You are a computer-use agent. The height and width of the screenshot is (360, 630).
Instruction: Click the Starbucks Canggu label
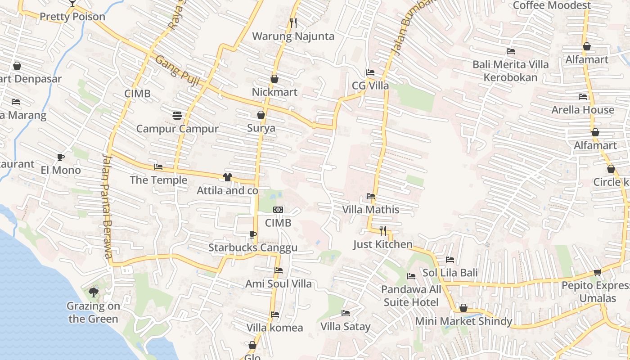pos(252,248)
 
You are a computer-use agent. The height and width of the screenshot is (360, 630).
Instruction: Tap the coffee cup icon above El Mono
pos(60,157)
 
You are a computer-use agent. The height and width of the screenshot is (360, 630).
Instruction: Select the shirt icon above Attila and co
pos(227,177)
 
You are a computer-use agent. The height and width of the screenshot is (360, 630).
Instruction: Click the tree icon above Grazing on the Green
pos(93,292)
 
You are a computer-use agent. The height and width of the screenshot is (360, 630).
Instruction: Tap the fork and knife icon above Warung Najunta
pos(293,22)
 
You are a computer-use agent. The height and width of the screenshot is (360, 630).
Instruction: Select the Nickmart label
pos(274,92)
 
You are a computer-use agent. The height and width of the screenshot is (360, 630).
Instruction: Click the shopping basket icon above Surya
pos(261,115)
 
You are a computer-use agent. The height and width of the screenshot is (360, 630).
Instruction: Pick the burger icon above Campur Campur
pos(177,116)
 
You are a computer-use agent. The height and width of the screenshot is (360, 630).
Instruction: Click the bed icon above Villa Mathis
pos(371,196)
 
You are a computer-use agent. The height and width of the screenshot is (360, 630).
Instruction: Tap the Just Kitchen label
pos(382,244)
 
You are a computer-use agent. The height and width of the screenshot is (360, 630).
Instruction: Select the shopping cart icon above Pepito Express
pos(597,272)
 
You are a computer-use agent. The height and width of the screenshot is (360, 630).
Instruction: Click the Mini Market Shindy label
pos(463,321)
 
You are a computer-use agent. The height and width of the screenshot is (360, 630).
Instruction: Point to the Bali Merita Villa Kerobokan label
pos(510,71)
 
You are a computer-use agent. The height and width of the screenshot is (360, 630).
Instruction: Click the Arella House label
pos(583,110)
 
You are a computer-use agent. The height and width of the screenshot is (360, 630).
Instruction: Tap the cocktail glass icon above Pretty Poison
pos(72,4)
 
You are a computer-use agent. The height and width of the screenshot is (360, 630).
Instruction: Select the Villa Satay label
pos(345,327)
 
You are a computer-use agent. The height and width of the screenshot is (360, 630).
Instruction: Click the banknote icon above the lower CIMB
pos(278,210)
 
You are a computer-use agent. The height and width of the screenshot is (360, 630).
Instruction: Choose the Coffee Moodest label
pos(552,5)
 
